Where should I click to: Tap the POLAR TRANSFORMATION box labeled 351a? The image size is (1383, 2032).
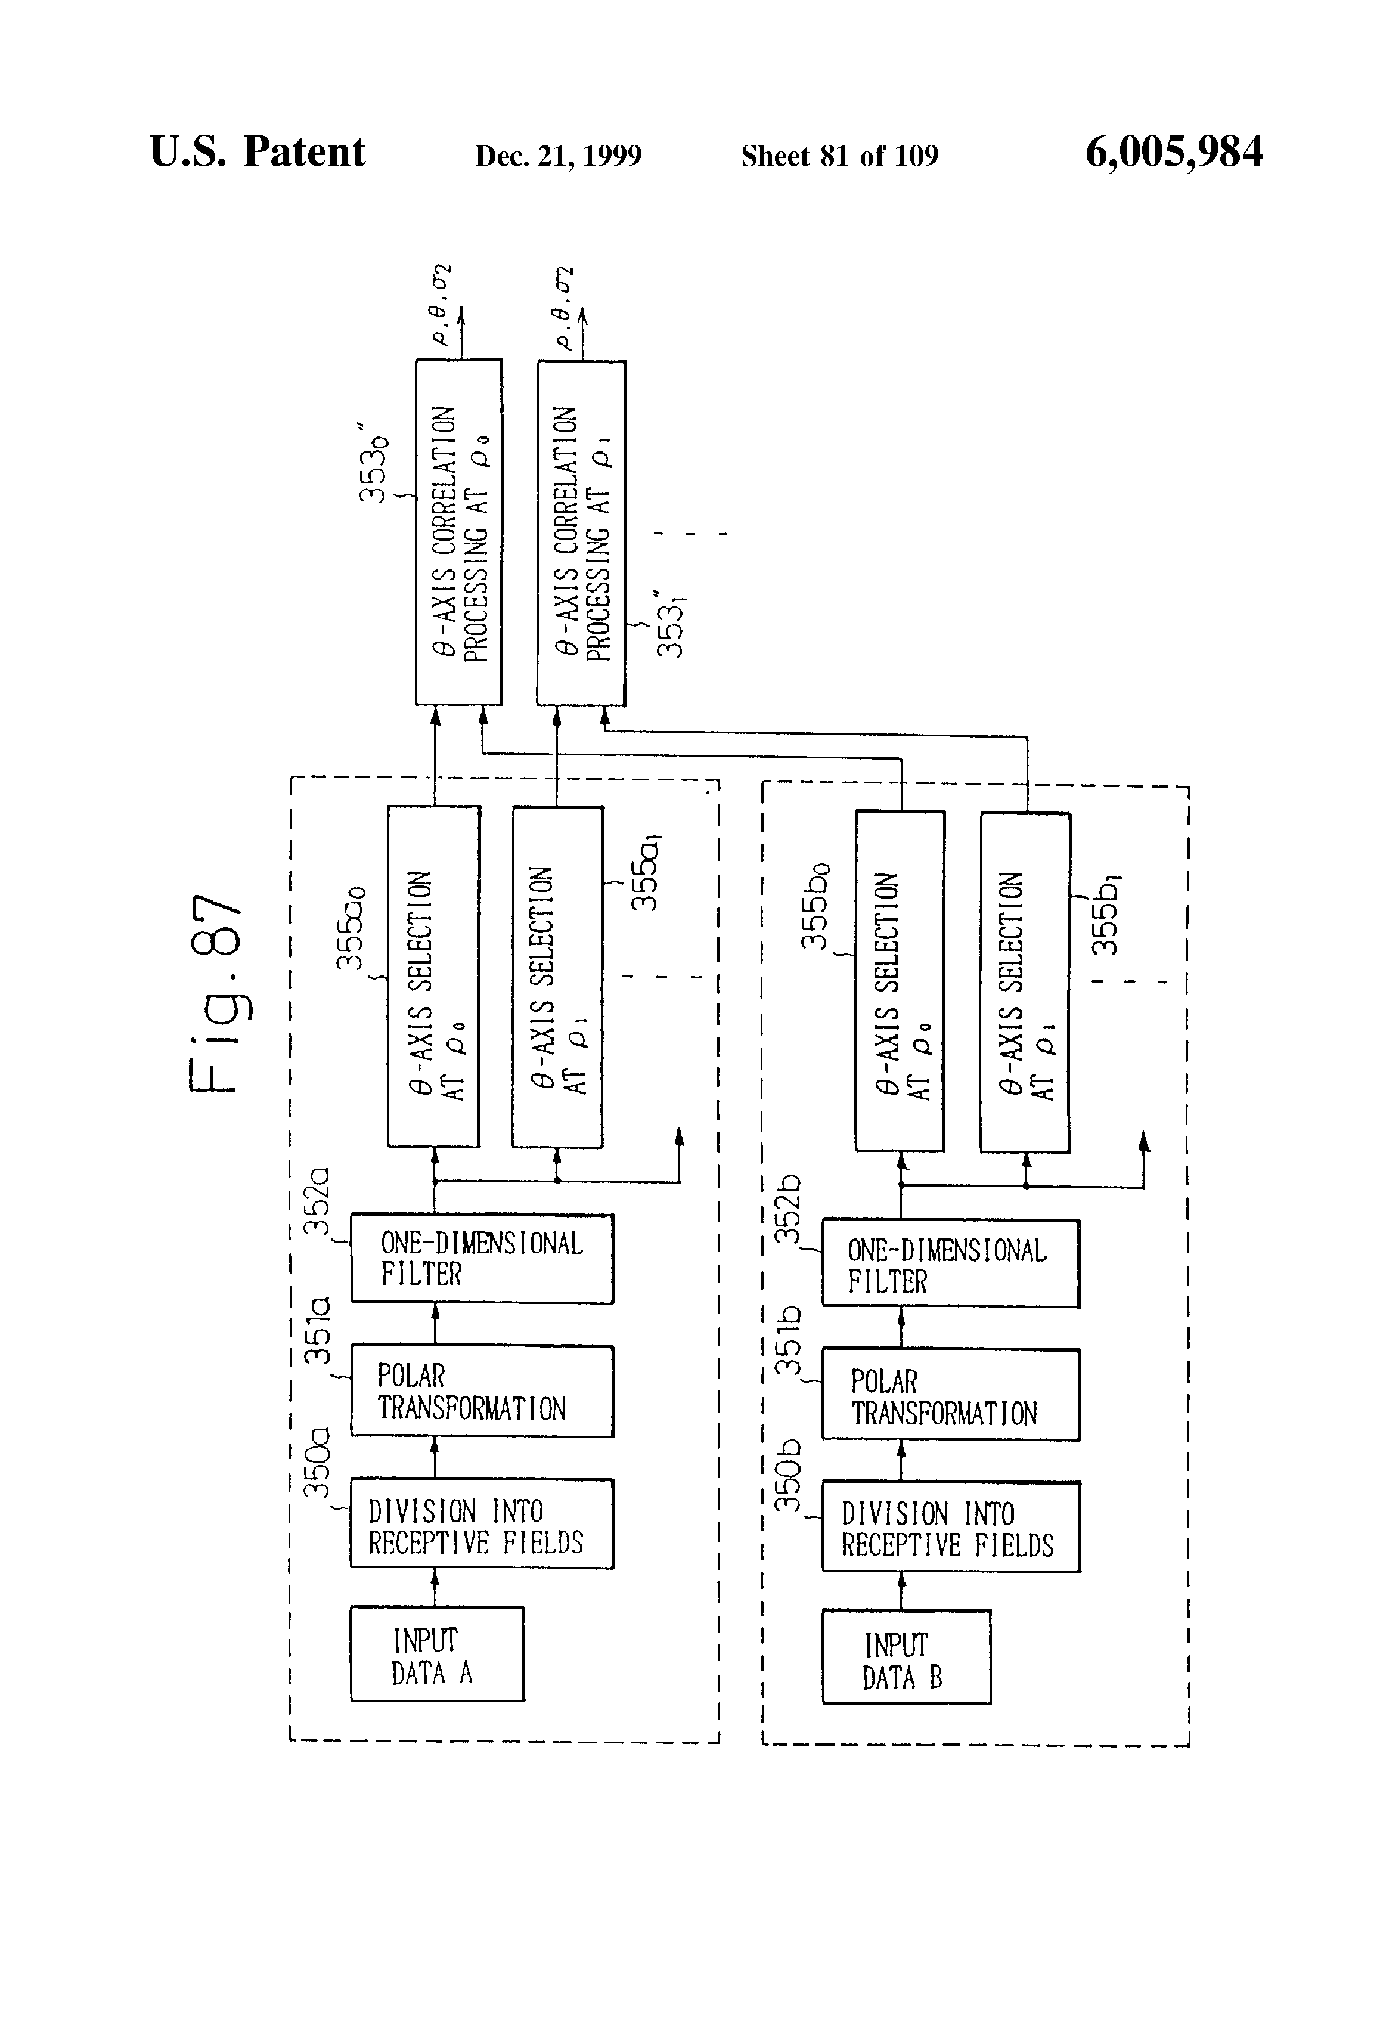pos(482,1391)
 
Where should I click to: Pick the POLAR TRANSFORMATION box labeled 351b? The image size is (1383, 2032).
pos(950,1395)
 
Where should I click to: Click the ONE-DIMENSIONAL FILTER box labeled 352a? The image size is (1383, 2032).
pos(482,1258)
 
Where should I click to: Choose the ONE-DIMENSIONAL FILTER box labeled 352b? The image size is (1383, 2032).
pos(950,1264)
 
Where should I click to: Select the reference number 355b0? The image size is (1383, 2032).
pos(815,906)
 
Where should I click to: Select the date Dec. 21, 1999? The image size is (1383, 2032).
pos(558,156)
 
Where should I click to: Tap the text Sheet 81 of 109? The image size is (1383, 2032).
pos(839,156)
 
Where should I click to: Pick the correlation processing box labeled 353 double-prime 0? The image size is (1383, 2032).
pos(458,532)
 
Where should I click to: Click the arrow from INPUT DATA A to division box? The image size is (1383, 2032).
pos(435,1588)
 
